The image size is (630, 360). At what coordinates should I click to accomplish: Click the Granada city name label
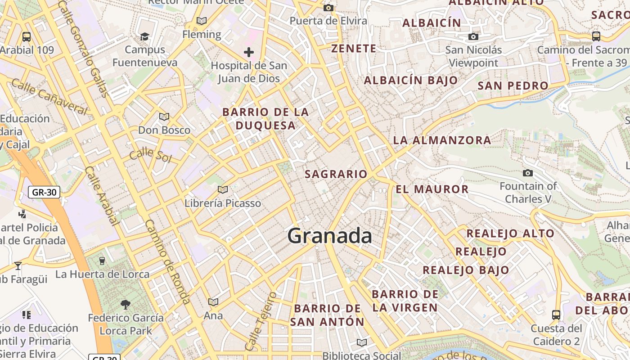pos(329,236)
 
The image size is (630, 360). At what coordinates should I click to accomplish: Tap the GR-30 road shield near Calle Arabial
pos(44,193)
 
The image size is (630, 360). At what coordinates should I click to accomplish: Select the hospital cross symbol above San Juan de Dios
pos(249,52)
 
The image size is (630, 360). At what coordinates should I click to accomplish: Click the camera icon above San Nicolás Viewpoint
pos(473,36)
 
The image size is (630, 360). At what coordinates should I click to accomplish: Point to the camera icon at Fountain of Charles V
pos(527,173)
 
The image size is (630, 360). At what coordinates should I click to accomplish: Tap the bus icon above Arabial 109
pos(27,36)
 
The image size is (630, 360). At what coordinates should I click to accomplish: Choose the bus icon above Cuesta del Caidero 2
pos(556,315)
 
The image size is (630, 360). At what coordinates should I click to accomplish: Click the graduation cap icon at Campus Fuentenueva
pos(144,36)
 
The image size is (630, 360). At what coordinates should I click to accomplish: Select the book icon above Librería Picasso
pos(222,189)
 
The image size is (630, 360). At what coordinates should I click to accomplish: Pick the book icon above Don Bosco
pos(164,117)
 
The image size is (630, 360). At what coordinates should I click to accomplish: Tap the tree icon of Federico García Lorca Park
pos(126,305)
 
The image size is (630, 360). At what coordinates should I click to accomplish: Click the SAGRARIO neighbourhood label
pos(336,174)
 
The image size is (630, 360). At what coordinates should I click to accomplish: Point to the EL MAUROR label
pos(432,189)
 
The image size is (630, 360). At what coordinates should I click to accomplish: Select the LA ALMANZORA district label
pos(442,140)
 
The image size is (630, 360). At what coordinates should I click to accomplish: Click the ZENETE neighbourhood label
pos(354,49)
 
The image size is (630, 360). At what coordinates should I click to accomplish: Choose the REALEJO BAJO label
pos(466,270)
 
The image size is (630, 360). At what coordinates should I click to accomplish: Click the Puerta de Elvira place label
pos(328,21)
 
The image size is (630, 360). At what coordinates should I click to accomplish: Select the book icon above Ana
pos(213,302)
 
